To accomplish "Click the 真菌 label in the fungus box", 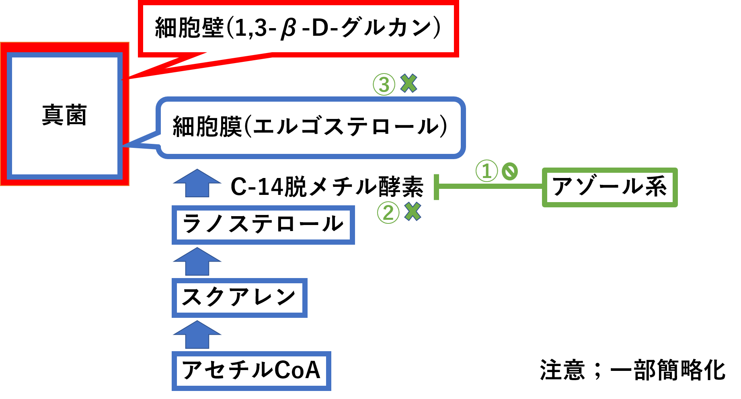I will click(64, 115).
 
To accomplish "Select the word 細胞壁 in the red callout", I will click(189, 28).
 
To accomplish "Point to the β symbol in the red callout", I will click(288, 29).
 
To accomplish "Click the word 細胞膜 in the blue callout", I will click(207, 127).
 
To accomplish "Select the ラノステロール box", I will click(263, 225).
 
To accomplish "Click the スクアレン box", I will click(239, 298).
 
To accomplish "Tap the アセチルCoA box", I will click(251, 370).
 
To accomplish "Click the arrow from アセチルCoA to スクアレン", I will click(197, 334).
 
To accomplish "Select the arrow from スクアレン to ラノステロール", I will click(197, 261).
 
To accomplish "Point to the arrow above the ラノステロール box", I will click(197, 183).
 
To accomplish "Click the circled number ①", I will click(486, 171).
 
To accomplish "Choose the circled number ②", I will click(388, 213).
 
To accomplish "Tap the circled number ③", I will click(384, 85).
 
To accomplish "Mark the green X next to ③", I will click(409, 84).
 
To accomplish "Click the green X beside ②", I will click(413, 211).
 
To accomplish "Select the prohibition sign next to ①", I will click(509, 172).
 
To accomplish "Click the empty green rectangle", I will click(610, 187).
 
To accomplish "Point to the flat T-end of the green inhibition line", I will click(437, 187).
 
